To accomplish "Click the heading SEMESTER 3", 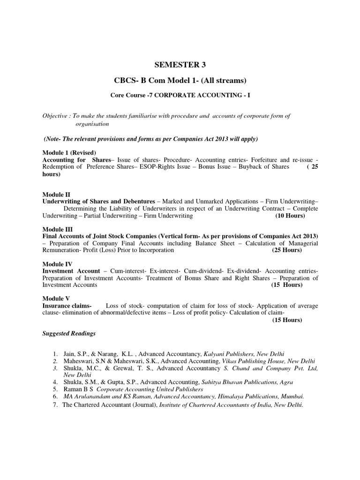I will (x=180, y=65).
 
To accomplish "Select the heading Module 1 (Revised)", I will (x=69, y=153).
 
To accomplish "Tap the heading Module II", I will (x=56, y=194).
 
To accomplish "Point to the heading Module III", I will (x=57, y=229).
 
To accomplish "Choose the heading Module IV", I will (x=57, y=264).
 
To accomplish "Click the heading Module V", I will (x=56, y=299).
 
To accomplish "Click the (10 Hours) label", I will (x=290, y=216).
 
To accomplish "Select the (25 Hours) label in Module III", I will (x=287, y=250).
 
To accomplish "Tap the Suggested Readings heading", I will (x=69, y=333).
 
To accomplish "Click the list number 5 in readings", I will (x=55, y=389).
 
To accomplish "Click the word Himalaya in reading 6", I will (x=233, y=397).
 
